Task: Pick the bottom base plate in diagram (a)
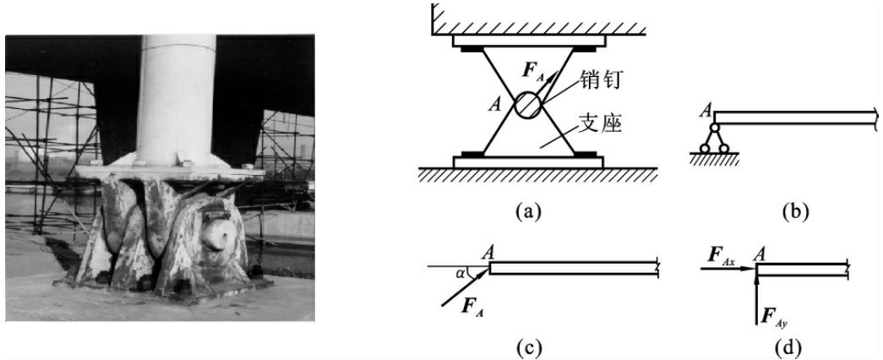[527, 161]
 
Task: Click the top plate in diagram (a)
[527, 40]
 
